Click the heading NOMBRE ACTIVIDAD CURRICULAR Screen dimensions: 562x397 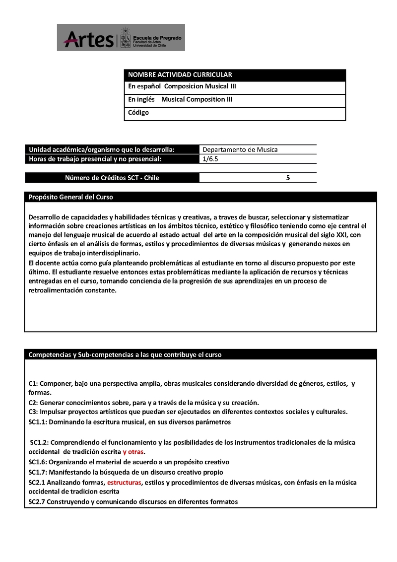180,75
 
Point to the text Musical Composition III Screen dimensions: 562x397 197,99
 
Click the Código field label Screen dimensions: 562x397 138,113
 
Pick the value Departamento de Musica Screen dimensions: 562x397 240,149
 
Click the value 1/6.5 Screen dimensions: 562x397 210,159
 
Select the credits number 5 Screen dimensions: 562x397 288,178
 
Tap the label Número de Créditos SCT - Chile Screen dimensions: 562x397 112,178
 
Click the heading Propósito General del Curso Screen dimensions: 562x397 71,197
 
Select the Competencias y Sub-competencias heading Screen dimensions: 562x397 125,354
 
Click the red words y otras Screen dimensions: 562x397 134,452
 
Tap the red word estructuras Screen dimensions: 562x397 124,482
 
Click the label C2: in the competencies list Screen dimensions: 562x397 33,403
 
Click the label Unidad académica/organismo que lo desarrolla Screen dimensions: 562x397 102,149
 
